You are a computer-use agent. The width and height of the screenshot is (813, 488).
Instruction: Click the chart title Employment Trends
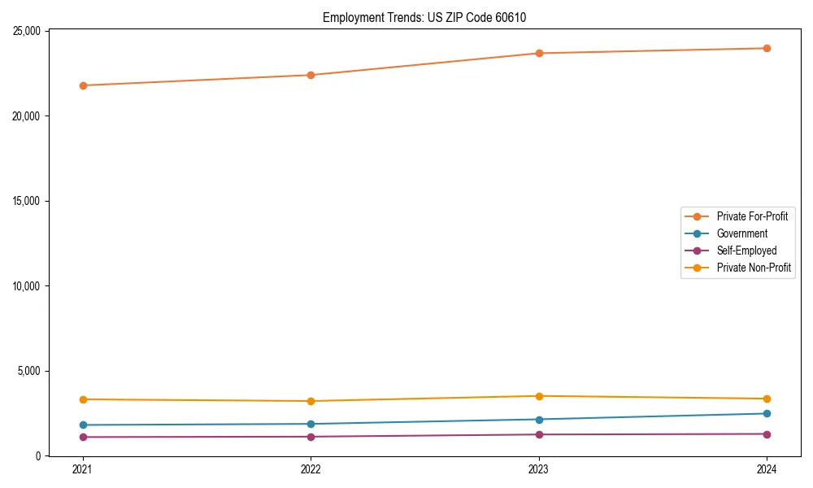click(424, 18)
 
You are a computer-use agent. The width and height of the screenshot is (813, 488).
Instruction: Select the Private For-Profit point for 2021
click(83, 85)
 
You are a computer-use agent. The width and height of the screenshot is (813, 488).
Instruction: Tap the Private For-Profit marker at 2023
click(539, 54)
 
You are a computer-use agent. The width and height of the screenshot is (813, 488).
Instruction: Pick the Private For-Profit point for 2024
click(767, 48)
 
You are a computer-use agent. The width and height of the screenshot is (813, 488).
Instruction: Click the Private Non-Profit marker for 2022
click(311, 401)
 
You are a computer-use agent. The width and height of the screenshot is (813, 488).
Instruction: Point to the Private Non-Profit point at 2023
click(539, 396)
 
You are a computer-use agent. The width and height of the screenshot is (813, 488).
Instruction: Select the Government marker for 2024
click(767, 414)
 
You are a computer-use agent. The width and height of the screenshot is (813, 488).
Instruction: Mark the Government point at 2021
click(83, 425)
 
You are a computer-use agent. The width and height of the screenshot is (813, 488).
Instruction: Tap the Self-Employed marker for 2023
click(539, 434)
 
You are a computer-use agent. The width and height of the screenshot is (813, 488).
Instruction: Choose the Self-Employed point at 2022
click(311, 437)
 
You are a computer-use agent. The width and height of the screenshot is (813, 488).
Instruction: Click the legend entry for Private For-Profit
click(752, 216)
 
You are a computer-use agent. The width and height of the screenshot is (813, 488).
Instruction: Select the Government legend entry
click(741, 233)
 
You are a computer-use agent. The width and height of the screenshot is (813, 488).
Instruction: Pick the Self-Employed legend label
click(746, 251)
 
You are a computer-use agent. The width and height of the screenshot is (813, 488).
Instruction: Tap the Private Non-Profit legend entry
click(754, 268)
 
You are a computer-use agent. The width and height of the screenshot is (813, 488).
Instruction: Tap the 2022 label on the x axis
click(311, 469)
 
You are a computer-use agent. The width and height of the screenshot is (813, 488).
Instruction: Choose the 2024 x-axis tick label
click(767, 469)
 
